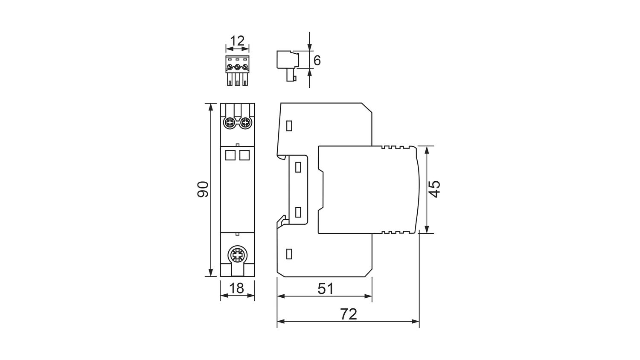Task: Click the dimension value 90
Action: point(203,189)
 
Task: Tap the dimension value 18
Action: point(236,288)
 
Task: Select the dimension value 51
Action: point(326,289)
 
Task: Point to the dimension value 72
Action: point(349,314)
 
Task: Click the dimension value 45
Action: point(435,189)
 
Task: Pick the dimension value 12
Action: point(237,41)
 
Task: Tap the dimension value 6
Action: point(317,61)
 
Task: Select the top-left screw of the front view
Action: point(229,123)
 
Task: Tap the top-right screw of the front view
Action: point(245,123)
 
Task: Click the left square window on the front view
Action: point(230,155)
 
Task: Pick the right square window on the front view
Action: point(244,155)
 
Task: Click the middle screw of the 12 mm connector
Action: point(237,67)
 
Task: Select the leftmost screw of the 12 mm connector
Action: point(230,67)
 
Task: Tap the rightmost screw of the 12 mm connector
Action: point(245,67)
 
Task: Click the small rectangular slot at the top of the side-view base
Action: point(289,126)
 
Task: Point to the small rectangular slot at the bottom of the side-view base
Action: point(289,254)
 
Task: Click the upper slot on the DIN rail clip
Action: point(298,167)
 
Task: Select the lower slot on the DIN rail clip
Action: point(298,212)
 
